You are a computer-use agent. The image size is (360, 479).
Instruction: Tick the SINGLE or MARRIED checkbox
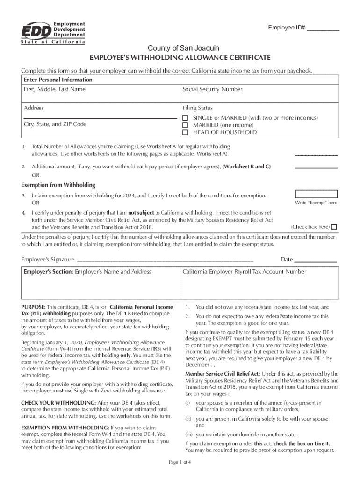coord(185,118)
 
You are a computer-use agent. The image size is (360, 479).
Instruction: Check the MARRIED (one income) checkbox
coord(185,125)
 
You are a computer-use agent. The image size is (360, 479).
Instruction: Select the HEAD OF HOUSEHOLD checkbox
coord(185,132)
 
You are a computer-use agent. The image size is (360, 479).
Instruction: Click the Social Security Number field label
coord(212,89)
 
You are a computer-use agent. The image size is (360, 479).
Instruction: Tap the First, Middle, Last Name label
coord(55,89)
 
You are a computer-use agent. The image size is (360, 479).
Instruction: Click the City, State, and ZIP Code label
coord(55,124)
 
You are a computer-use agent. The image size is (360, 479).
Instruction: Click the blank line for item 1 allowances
coord(316,154)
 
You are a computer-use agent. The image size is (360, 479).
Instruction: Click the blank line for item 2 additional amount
coord(316,167)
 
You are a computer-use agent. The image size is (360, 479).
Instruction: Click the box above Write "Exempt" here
coord(316,194)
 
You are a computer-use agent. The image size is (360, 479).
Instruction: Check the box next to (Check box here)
coord(334,227)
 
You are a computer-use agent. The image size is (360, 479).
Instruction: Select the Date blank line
coord(315,260)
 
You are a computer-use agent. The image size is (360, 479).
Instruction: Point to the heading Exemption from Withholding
coord(58,185)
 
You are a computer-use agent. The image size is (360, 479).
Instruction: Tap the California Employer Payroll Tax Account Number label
coord(244,272)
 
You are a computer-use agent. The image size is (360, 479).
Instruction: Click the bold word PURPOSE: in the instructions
coord(33,307)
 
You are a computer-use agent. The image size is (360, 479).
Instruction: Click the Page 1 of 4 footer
coord(180,463)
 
